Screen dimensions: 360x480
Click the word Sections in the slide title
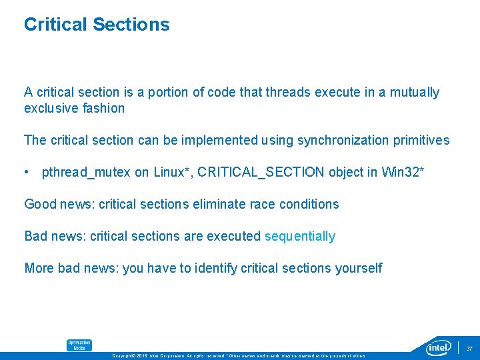click(x=131, y=25)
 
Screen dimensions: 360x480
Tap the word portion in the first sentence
click(x=169, y=92)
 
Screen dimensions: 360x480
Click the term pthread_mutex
click(x=86, y=172)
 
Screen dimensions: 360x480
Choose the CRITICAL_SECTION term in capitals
click(x=267, y=172)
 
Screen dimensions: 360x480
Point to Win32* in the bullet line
click(x=403, y=172)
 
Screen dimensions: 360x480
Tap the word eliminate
click(x=217, y=204)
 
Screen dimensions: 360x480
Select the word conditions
click(x=309, y=204)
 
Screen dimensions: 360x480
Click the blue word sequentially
click(x=300, y=236)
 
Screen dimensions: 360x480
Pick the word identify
click(x=205, y=268)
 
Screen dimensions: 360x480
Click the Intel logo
click(x=439, y=347)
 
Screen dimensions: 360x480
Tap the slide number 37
click(x=469, y=348)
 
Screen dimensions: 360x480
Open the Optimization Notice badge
click(x=79, y=345)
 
